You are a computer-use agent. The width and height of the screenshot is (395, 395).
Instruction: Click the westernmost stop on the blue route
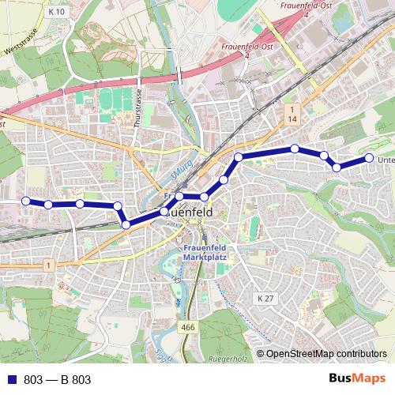pyautogui.click(x=25, y=201)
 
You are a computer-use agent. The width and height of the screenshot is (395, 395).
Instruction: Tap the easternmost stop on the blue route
pyautogui.click(x=368, y=158)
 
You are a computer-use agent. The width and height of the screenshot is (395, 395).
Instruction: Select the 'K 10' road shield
pyautogui.click(x=55, y=13)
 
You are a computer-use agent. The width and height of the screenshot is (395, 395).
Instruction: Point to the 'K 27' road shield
pyautogui.click(x=265, y=298)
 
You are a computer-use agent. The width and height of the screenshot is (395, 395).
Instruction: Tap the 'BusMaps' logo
pyautogui.click(x=357, y=379)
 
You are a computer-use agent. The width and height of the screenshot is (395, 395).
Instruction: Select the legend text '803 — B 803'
pyautogui.click(x=58, y=380)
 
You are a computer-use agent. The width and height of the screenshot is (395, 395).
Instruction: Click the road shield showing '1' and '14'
pyautogui.click(x=292, y=113)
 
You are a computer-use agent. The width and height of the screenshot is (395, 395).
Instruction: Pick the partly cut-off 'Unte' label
pyautogui.click(x=386, y=160)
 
